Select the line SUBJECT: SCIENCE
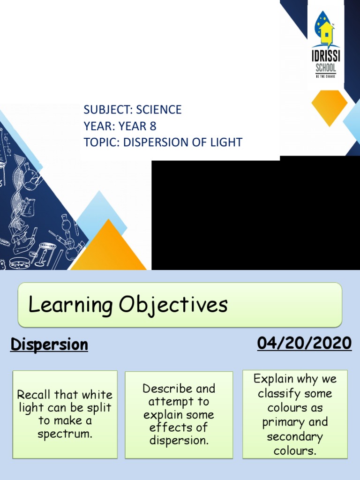click(132, 110)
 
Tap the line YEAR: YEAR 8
click(120, 126)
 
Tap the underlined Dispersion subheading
click(49, 345)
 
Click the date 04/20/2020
click(304, 344)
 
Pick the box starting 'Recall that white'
click(65, 414)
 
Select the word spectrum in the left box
click(65, 434)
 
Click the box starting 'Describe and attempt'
click(179, 414)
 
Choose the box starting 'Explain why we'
click(295, 414)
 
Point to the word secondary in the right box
click(295, 437)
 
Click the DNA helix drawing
click(18, 187)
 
